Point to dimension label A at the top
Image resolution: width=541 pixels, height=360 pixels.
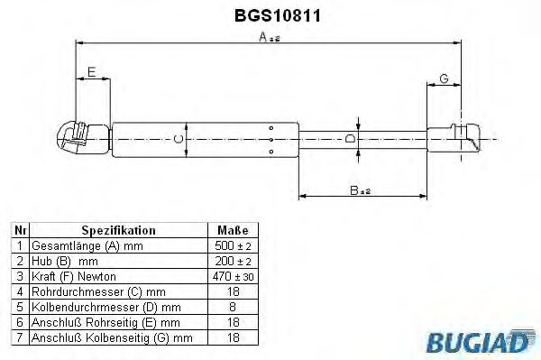[x=263, y=37]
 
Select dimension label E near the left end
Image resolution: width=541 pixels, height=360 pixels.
[x=92, y=71]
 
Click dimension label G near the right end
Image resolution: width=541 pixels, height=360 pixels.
[x=444, y=78]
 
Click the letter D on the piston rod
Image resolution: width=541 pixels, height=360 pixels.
[x=350, y=138]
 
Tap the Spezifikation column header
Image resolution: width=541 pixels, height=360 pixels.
[x=119, y=231]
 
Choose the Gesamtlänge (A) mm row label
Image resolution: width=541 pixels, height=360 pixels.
[x=87, y=246]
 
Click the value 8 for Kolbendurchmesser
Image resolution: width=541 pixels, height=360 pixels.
[x=233, y=307]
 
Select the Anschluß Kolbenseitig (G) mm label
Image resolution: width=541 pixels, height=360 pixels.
[x=113, y=337]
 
